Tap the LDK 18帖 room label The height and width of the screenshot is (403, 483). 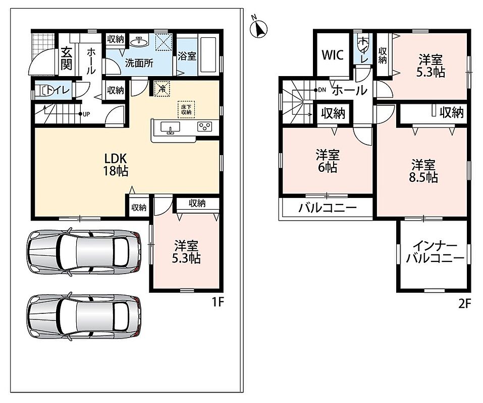pyautogui.click(x=116, y=165)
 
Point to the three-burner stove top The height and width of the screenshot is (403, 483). pyautogui.click(x=204, y=126)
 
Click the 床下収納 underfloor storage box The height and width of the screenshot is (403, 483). pyautogui.click(x=186, y=110)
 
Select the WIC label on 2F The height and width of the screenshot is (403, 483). pyautogui.click(x=333, y=55)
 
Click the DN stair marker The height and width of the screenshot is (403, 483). pyautogui.click(x=320, y=90)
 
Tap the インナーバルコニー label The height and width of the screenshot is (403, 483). pyautogui.click(x=435, y=252)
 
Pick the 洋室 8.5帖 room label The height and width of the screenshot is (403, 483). pyautogui.click(x=423, y=171)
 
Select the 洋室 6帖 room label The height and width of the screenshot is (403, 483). pyautogui.click(x=327, y=161)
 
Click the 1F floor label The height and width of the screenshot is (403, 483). pyautogui.click(x=217, y=302)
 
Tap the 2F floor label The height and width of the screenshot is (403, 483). pyautogui.click(x=465, y=304)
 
